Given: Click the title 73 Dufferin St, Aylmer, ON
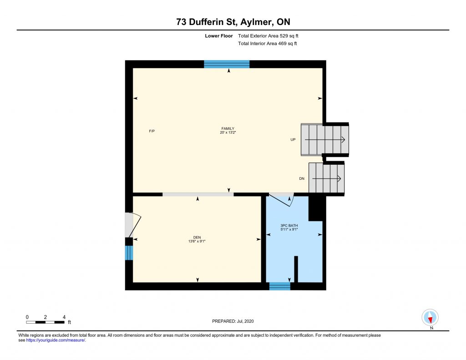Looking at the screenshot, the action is [x=233, y=22].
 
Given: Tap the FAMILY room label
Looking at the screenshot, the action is [x=228, y=129].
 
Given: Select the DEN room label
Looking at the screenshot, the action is [x=197, y=238].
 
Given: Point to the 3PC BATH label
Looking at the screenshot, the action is [x=289, y=226].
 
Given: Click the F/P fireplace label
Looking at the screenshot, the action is [x=152, y=131].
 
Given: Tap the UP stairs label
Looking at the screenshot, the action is [x=293, y=140].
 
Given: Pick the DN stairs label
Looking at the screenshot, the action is [x=302, y=179].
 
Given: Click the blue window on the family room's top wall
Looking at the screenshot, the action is [x=227, y=64].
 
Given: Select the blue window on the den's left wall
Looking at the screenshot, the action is [x=129, y=253].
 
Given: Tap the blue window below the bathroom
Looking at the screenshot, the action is [x=280, y=286].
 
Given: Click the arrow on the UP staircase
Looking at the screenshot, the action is [x=325, y=140].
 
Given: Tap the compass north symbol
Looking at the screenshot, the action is [x=430, y=318].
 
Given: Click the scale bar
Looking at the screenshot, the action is [x=45, y=322].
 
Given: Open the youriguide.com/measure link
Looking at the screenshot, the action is [x=56, y=340].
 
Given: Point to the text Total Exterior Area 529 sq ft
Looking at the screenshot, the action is [x=268, y=36].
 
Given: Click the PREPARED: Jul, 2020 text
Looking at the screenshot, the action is [x=233, y=321].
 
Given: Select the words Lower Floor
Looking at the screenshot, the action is [x=219, y=36].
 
